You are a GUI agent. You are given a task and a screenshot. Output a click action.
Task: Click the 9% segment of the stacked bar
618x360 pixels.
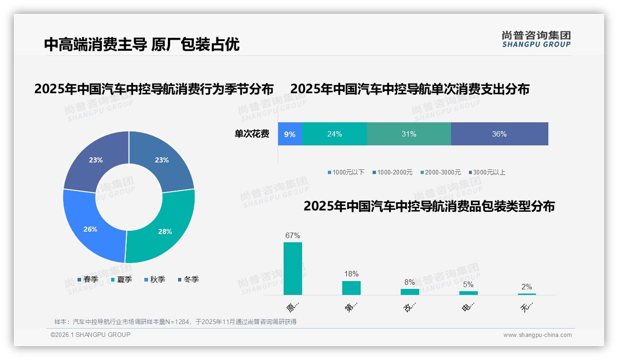[x=290, y=134]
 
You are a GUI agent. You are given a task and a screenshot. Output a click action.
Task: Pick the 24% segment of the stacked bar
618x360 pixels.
[x=334, y=134]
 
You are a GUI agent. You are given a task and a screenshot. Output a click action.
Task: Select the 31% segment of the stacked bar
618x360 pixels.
[x=409, y=134]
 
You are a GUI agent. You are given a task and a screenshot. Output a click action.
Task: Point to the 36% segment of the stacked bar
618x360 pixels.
[x=499, y=134]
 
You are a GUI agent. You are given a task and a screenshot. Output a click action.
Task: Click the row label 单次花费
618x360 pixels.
[x=252, y=134]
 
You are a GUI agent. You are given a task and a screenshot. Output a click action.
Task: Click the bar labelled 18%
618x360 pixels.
[x=351, y=288]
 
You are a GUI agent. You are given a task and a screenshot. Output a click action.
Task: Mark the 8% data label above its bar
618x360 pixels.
[x=410, y=282]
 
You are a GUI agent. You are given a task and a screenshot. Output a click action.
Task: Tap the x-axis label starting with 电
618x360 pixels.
[x=468, y=306]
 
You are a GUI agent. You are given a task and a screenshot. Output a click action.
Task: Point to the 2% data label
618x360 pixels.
[x=527, y=287]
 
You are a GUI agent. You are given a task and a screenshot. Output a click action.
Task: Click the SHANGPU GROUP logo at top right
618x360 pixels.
[x=536, y=39]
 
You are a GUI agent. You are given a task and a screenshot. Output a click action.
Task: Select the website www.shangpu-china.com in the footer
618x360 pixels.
[x=537, y=335]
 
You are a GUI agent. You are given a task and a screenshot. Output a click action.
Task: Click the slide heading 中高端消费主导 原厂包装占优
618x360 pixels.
[x=142, y=44]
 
